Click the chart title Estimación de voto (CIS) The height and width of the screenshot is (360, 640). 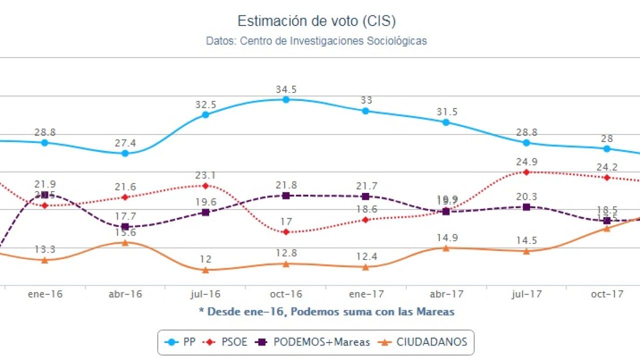(316, 21)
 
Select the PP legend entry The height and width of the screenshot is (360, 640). (180, 342)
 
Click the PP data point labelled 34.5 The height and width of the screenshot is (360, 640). (286, 99)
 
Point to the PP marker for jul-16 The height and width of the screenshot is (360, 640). (205, 114)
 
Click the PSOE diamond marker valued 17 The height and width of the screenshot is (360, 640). (286, 232)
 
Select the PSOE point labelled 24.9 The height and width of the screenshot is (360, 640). (526, 172)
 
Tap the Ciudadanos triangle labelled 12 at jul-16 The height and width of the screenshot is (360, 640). (205, 270)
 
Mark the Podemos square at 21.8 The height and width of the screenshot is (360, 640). (286, 195)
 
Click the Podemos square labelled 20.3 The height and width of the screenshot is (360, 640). (526, 207)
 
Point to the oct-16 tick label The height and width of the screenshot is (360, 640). (286, 294)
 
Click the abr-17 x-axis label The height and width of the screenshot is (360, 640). (446, 294)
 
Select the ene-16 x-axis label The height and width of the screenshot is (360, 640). (45, 294)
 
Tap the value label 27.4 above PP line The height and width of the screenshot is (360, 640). (126, 143)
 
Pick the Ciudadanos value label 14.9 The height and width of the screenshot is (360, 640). (446, 238)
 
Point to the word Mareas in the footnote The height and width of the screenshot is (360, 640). (436, 312)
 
